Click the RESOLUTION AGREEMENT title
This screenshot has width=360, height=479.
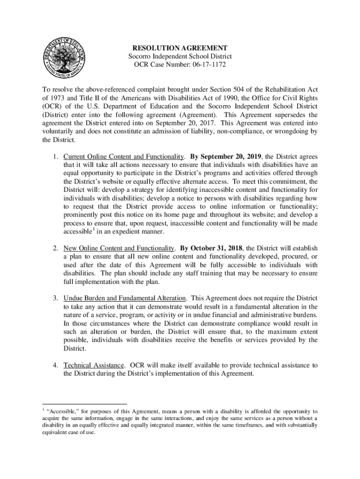pyautogui.click(x=180, y=48)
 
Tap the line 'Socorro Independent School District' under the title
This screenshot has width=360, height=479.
pyautogui.click(x=180, y=56)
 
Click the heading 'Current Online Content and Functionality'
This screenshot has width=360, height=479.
pyautogui.click(x=123, y=156)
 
